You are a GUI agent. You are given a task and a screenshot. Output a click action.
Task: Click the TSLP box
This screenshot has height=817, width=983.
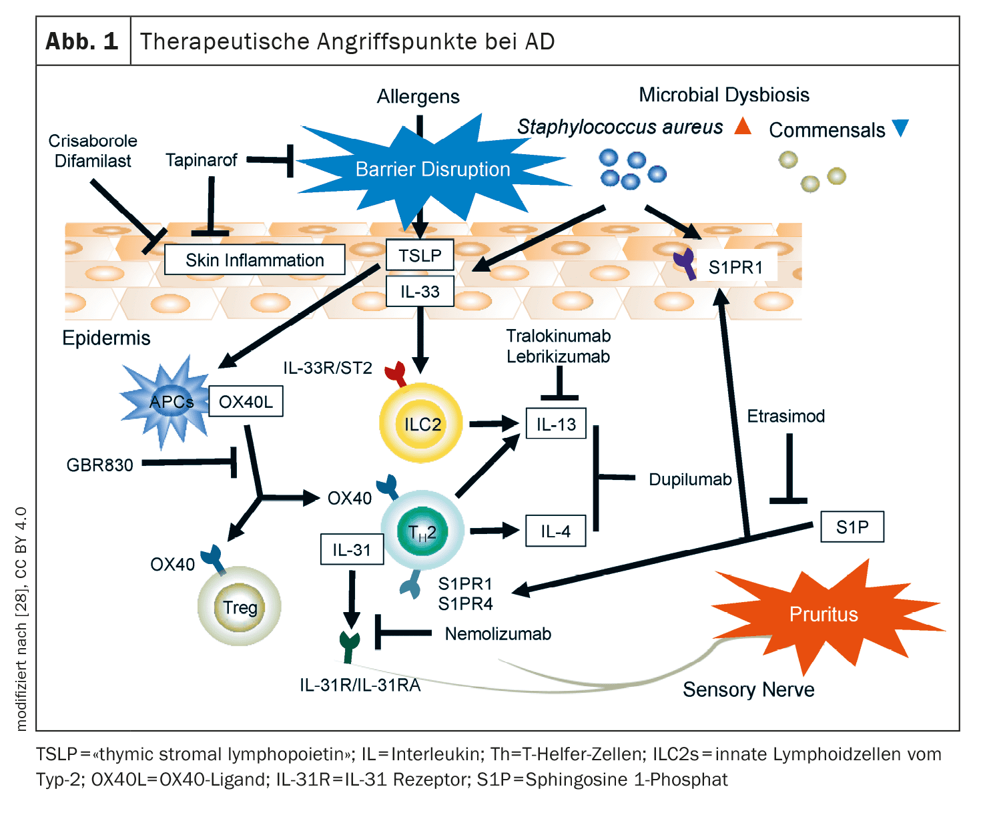click(420, 255)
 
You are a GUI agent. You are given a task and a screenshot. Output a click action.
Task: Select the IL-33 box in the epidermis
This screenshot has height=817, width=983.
click(420, 292)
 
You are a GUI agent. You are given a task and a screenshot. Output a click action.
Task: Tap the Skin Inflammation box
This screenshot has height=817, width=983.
click(254, 260)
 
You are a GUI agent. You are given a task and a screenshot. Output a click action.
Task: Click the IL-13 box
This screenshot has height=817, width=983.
click(556, 424)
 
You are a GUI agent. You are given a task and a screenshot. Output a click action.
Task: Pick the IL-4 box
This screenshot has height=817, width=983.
click(555, 531)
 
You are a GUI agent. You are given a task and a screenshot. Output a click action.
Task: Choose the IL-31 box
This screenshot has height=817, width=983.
click(352, 549)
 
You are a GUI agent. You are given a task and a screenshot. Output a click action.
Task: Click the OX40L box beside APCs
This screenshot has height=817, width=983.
click(246, 402)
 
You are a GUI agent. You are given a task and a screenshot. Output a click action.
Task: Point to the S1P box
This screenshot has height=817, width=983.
click(852, 527)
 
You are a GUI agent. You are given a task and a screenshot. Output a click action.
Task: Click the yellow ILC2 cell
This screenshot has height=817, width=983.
click(420, 423)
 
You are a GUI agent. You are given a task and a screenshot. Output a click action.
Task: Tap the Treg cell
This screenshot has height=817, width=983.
click(240, 607)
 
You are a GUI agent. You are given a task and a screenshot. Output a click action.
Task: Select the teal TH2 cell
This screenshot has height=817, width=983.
click(422, 532)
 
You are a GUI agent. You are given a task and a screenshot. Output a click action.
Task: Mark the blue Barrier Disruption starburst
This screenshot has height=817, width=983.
click(432, 169)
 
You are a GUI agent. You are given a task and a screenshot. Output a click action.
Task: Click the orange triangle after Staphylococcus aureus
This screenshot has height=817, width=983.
click(743, 126)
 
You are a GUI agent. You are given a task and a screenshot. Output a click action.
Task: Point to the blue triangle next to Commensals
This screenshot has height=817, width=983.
click(900, 127)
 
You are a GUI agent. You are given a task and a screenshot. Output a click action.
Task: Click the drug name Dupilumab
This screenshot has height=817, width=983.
click(690, 479)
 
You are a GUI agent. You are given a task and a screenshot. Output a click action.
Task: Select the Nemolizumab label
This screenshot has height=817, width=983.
click(498, 633)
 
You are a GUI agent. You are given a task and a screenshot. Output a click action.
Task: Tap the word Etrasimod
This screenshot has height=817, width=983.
click(785, 416)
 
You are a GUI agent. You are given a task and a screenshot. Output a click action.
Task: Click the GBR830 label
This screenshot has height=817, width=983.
click(99, 465)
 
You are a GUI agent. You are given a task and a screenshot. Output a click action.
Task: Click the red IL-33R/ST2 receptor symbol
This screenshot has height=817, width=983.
click(395, 374)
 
